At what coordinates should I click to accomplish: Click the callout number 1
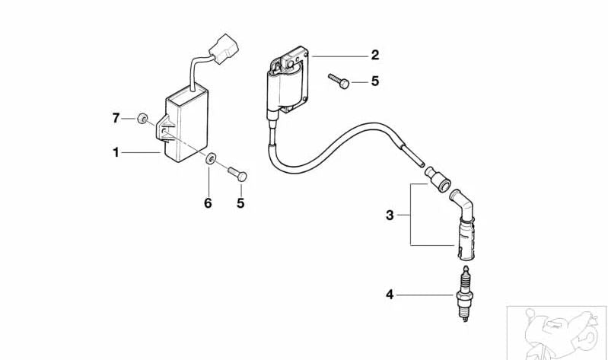(116, 153)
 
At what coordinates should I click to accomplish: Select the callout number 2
(374, 55)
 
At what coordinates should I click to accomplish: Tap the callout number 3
(390, 215)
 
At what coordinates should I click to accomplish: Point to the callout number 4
(390, 295)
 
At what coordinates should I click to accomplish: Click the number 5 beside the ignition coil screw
(374, 81)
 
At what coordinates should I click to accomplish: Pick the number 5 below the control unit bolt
(240, 203)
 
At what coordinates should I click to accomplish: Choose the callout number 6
(209, 203)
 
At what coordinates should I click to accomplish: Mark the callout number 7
(116, 118)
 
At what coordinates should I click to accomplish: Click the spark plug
(465, 294)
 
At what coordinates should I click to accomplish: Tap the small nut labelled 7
(142, 118)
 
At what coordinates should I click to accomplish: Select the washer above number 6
(211, 158)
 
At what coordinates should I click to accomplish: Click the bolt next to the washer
(237, 174)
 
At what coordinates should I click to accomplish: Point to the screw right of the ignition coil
(339, 81)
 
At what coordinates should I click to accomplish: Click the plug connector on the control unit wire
(224, 49)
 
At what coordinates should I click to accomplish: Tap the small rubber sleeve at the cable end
(438, 178)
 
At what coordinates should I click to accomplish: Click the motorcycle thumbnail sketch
(557, 333)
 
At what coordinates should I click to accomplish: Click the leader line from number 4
(425, 295)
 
